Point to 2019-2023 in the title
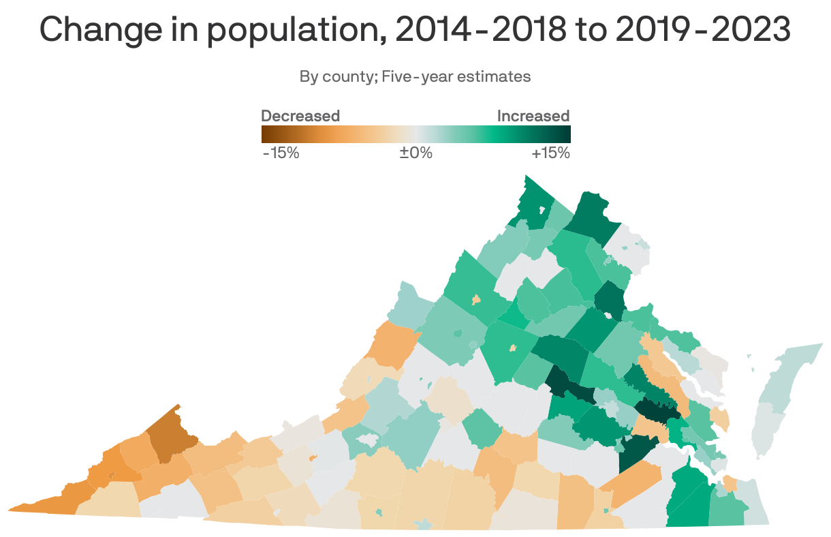702,30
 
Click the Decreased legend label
300,116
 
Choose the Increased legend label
533,116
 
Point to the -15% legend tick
281,153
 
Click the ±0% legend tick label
415,153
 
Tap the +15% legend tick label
550,153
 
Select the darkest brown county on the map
168,436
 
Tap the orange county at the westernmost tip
41,504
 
